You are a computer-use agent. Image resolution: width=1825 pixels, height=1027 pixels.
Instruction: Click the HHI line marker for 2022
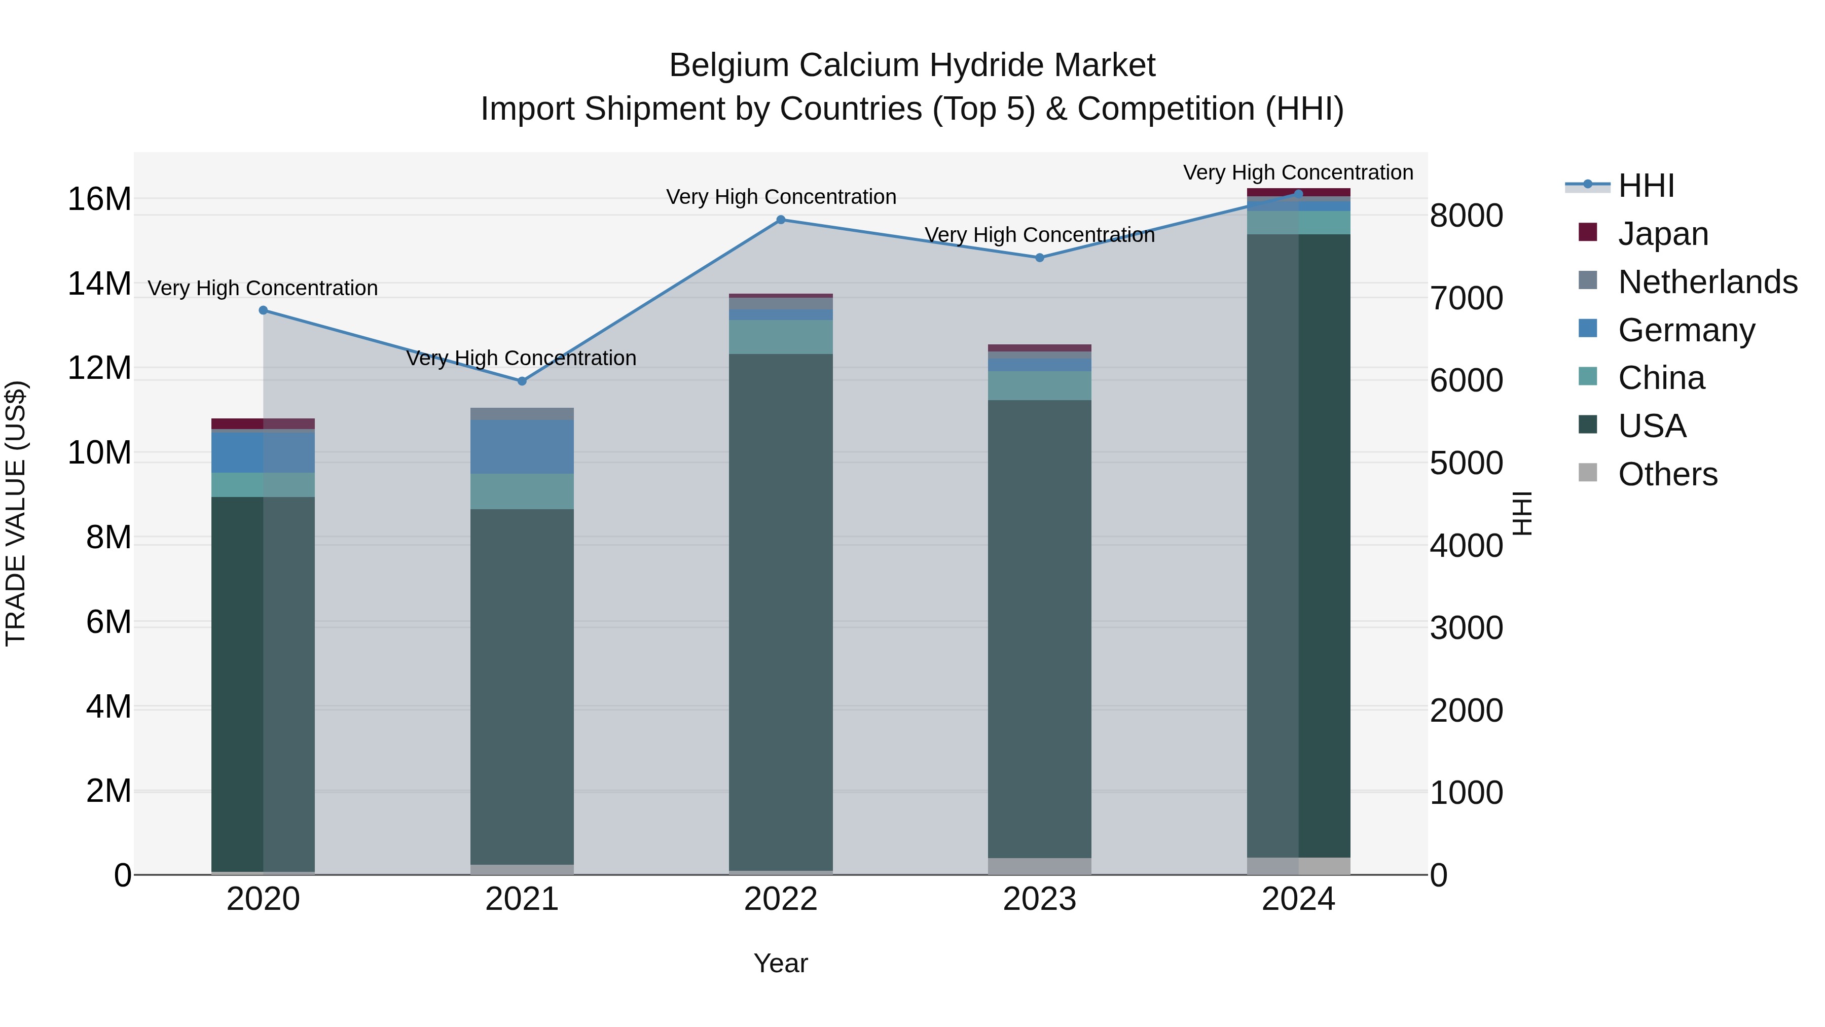[x=781, y=220]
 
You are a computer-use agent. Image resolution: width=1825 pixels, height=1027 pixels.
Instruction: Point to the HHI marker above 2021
[x=522, y=381]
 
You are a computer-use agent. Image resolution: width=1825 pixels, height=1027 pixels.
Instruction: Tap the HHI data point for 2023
[x=1039, y=258]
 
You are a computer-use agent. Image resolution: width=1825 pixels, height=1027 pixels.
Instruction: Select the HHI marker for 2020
[x=263, y=310]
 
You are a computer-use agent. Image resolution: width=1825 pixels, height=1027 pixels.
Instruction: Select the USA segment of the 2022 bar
[x=781, y=610]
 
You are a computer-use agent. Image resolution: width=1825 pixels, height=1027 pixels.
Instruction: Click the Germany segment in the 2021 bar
[x=522, y=446]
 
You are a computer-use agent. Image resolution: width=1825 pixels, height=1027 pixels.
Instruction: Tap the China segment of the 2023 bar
[x=1039, y=385]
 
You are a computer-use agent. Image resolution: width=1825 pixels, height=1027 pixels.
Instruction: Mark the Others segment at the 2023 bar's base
[x=1039, y=866]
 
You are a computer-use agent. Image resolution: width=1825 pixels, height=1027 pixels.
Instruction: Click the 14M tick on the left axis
[x=99, y=284]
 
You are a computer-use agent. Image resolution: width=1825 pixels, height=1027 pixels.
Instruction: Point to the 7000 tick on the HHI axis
[x=1466, y=298]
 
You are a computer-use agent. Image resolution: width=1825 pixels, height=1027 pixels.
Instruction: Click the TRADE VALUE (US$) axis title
[x=16, y=513]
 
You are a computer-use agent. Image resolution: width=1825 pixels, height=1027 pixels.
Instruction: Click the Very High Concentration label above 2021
[x=522, y=358]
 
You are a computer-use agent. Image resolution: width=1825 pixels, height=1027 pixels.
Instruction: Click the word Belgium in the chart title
[x=729, y=65]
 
